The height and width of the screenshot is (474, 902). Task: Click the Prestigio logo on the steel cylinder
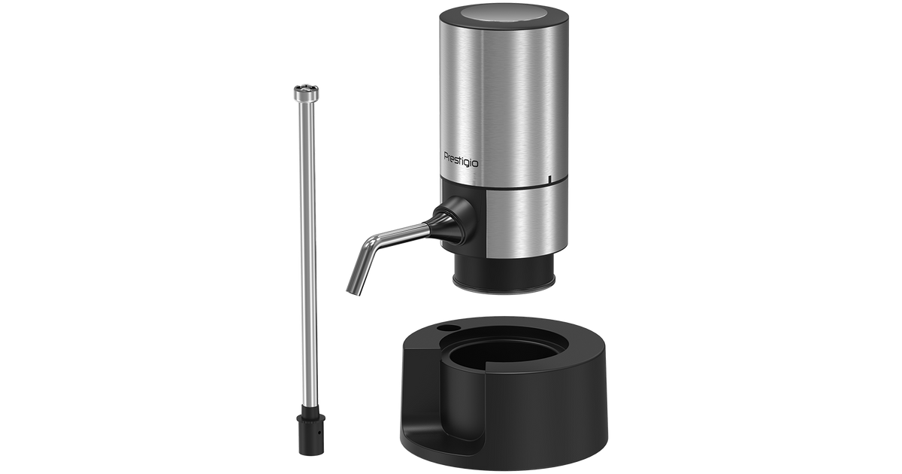461,160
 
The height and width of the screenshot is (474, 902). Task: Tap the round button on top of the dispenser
504,13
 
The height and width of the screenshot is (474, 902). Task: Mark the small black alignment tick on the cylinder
549,179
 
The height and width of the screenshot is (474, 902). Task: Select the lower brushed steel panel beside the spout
527,223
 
